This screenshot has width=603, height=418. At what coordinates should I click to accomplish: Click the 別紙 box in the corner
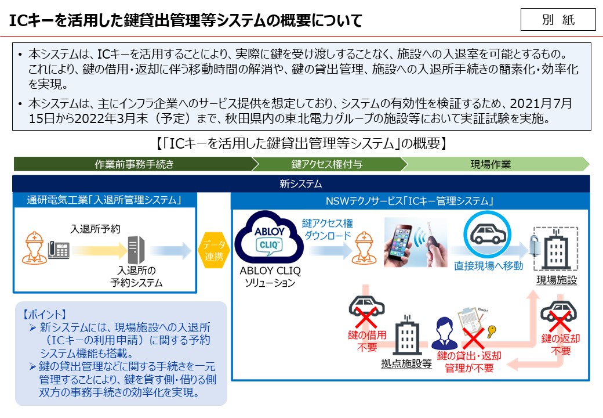(558, 19)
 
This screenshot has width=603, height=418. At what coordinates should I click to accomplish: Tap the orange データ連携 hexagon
(214, 251)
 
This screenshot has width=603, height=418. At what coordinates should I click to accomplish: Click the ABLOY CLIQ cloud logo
(269, 237)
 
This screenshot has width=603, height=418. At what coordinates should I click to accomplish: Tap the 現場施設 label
(557, 280)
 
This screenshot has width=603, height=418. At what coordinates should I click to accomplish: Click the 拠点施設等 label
(406, 363)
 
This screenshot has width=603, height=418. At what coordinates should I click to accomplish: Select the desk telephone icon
(59, 250)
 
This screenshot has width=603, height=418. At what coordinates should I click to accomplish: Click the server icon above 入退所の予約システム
(136, 250)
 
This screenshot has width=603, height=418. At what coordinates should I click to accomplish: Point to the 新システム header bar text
(301, 183)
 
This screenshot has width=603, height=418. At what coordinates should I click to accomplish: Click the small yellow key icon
(491, 331)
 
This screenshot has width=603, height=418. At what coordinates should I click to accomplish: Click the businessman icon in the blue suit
(445, 333)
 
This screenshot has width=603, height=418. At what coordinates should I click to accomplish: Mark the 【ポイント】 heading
(45, 315)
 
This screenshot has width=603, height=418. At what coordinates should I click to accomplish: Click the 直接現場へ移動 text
(488, 266)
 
